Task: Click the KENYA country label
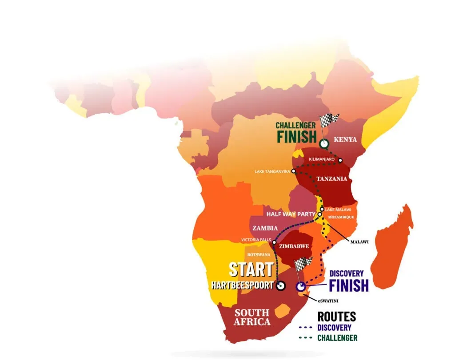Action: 347,139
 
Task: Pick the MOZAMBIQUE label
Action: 341,217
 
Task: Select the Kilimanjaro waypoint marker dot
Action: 340,160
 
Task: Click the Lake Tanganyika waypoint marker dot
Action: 294,171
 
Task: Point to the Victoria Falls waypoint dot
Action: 275,242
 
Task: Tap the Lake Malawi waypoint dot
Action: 322,209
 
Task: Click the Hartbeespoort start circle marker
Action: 280,286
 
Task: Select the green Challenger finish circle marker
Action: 324,143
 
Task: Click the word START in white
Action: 251,269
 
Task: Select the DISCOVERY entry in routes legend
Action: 334,328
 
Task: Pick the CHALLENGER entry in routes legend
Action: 337,338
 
